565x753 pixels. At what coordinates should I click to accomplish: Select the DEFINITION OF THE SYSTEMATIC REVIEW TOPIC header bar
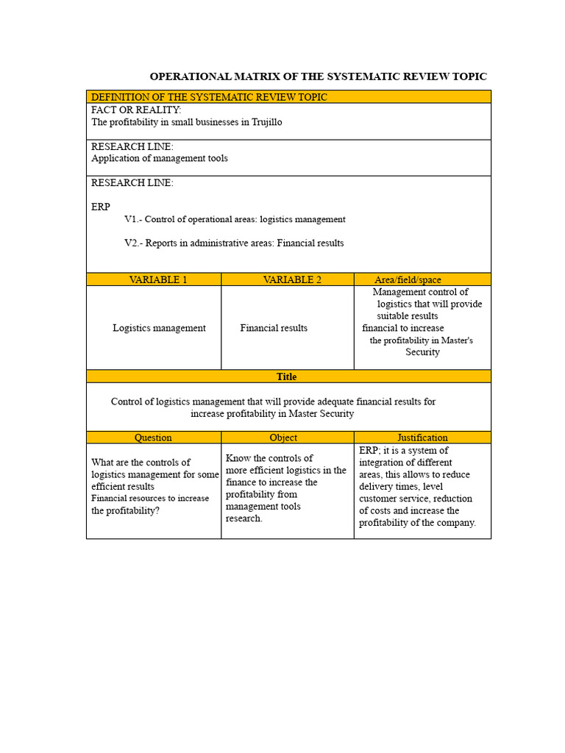(x=209, y=97)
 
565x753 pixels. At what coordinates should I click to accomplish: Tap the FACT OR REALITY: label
(x=136, y=110)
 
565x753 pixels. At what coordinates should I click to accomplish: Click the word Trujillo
(x=266, y=122)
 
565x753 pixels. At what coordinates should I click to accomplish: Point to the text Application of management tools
(x=160, y=158)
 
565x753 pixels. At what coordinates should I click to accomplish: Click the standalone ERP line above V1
(x=101, y=207)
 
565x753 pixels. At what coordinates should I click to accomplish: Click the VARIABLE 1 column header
(x=157, y=279)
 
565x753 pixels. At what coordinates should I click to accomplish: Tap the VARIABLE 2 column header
(x=292, y=279)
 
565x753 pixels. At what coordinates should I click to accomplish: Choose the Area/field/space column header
(x=408, y=279)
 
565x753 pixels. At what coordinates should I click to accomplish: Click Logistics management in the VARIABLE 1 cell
(x=159, y=328)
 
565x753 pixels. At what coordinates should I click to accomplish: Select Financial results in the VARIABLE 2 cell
(x=274, y=328)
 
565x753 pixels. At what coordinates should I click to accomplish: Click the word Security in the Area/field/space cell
(x=422, y=352)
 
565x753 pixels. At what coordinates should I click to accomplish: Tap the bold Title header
(x=287, y=376)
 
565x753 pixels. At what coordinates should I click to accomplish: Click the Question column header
(x=153, y=438)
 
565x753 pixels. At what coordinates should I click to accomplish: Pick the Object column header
(x=283, y=438)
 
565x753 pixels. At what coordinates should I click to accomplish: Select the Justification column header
(x=422, y=438)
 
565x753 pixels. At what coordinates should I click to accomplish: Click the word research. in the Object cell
(x=244, y=518)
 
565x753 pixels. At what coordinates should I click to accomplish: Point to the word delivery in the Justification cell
(x=375, y=487)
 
